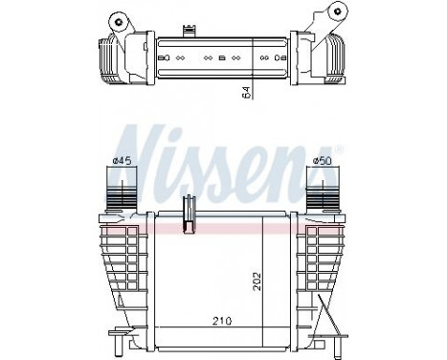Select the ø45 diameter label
(122, 161)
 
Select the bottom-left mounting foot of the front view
(122, 336)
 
